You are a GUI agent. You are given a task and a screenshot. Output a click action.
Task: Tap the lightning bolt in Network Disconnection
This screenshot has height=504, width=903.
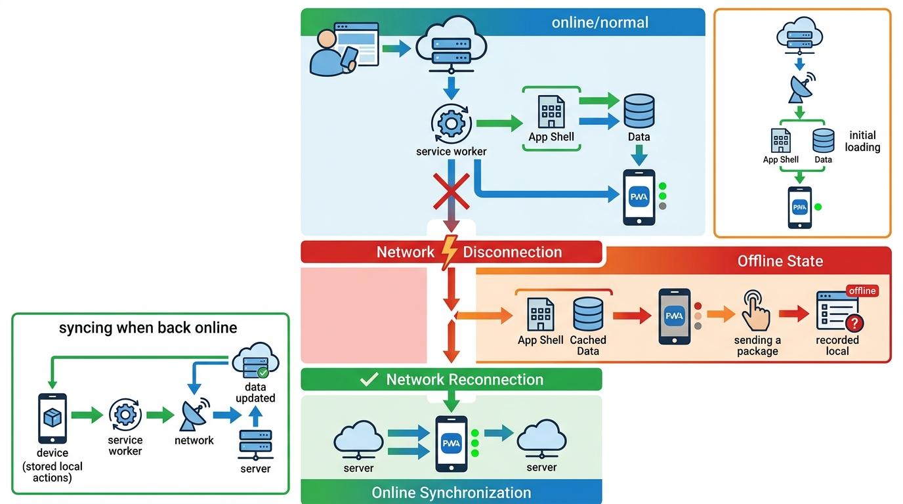tap(450, 251)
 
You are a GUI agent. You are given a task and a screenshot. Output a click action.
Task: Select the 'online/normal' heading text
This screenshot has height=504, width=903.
tap(600, 23)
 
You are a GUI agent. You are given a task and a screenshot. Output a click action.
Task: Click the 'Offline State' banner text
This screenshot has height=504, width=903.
tap(780, 261)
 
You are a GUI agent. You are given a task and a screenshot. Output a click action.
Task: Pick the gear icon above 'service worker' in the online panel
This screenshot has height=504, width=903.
tap(451, 123)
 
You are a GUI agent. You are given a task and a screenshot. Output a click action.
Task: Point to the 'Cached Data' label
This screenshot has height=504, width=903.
tap(587, 345)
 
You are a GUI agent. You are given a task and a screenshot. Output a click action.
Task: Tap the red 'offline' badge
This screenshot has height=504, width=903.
tap(862, 291)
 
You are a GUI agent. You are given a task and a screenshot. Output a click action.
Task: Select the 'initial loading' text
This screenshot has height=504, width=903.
tap(862, 141)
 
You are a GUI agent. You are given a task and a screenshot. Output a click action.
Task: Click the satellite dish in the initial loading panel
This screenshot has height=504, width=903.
tap(799, 88)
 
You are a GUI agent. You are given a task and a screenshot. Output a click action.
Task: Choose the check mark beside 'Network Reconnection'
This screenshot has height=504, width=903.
tap(369, 379)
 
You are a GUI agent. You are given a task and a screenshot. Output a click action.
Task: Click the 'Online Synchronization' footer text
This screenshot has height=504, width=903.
tap(451, 493)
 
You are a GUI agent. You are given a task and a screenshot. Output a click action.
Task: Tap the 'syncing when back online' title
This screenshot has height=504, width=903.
tap(148, 327)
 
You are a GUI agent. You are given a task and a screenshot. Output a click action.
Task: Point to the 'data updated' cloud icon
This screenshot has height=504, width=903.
tap(255, 360)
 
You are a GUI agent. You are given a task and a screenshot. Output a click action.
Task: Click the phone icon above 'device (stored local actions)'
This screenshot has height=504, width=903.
tap(52, 417)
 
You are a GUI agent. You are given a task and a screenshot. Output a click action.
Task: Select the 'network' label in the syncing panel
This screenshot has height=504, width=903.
tap(194, 440)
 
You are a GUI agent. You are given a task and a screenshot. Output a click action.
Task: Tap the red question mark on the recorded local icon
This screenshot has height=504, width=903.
tap(855, 323)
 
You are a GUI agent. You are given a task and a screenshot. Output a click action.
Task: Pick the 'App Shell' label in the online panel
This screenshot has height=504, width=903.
tap(551, 136)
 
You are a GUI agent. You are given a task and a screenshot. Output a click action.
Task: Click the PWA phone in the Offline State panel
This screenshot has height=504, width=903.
tap(674, 316)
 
